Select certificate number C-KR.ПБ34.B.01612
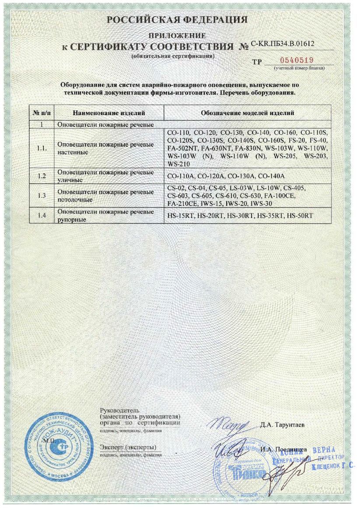click(282, 44)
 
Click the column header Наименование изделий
click(106, 113)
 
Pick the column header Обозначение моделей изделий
click(247, 113)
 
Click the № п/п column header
click(42, 113)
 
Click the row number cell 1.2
click(42, 176)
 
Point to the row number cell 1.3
click(42, 195)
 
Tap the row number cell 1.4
click(42, 215)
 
